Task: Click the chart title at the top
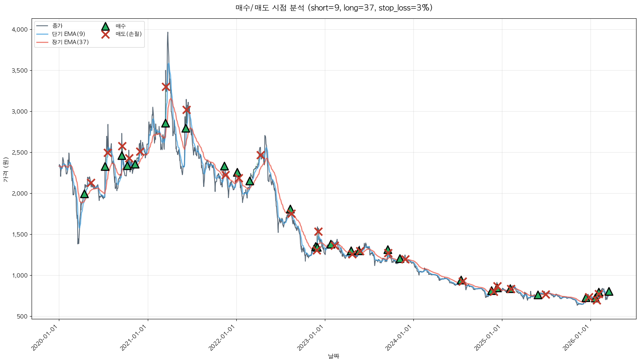tap(334, 8)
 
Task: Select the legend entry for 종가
tap(57, 26)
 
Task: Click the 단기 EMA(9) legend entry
tap(68, 34)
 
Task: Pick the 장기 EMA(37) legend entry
tap(70, 42)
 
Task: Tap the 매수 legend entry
tap(121, 26)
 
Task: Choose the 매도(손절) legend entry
tap(128, 34)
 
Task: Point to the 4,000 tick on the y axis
tap(20, 30)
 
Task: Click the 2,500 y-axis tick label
tap(20, 153)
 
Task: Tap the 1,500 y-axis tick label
tap(20, 235)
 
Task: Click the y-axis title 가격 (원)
tap(5, 170)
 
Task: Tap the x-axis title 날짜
tap(333, 356)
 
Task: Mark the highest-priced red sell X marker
tap(166, 87)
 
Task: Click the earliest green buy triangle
tap(84, 194)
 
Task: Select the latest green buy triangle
tap(609, 292)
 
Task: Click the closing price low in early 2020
tap(78, 244)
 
